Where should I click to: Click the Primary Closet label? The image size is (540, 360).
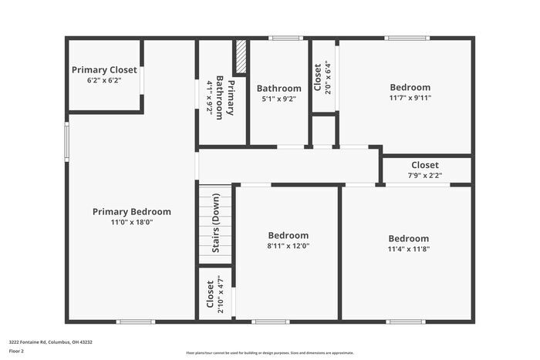[104, 69]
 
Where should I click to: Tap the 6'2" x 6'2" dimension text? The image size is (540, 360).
[104, 79]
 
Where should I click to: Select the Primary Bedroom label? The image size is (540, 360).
[132, 211]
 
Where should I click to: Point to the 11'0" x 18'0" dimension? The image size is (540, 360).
[132, 222]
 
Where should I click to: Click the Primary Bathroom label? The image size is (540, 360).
[224, 97]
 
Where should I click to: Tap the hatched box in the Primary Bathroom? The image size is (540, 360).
[241, 57]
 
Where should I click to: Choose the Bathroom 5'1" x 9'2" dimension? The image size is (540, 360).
[278, 99]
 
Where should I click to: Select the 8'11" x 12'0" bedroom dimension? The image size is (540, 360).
[289, 246]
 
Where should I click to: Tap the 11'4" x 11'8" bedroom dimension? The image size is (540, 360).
[409, 249]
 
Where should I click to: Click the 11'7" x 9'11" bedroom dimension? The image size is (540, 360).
[410, 98]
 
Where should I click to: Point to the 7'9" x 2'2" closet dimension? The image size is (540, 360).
[425, 176]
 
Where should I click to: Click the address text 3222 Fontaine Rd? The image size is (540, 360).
[49, 341]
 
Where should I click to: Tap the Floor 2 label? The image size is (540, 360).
[16, 351]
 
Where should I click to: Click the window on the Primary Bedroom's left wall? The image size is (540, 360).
[67, 140]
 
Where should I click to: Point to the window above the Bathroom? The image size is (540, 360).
[285, 38]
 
